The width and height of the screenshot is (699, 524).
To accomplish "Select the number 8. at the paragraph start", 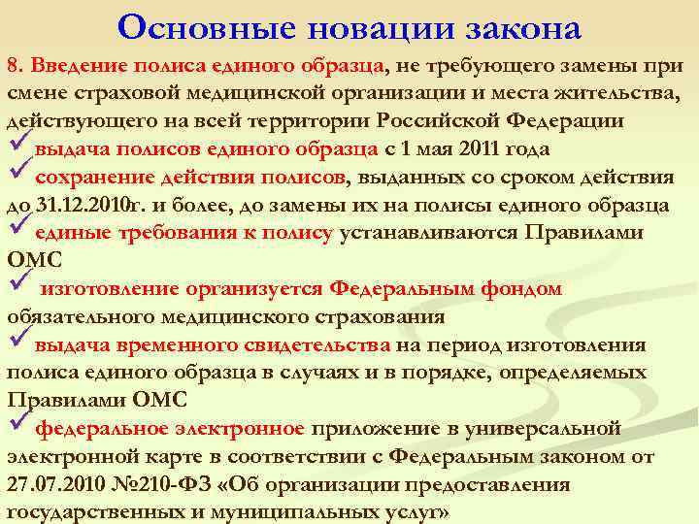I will click(17, 66).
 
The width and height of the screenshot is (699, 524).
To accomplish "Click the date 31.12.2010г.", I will click(83, 206).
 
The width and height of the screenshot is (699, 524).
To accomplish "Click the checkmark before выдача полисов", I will click(17, 147).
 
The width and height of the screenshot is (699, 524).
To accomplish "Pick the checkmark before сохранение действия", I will click(17, 176).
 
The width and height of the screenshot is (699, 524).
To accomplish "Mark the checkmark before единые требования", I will click(17, 231).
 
